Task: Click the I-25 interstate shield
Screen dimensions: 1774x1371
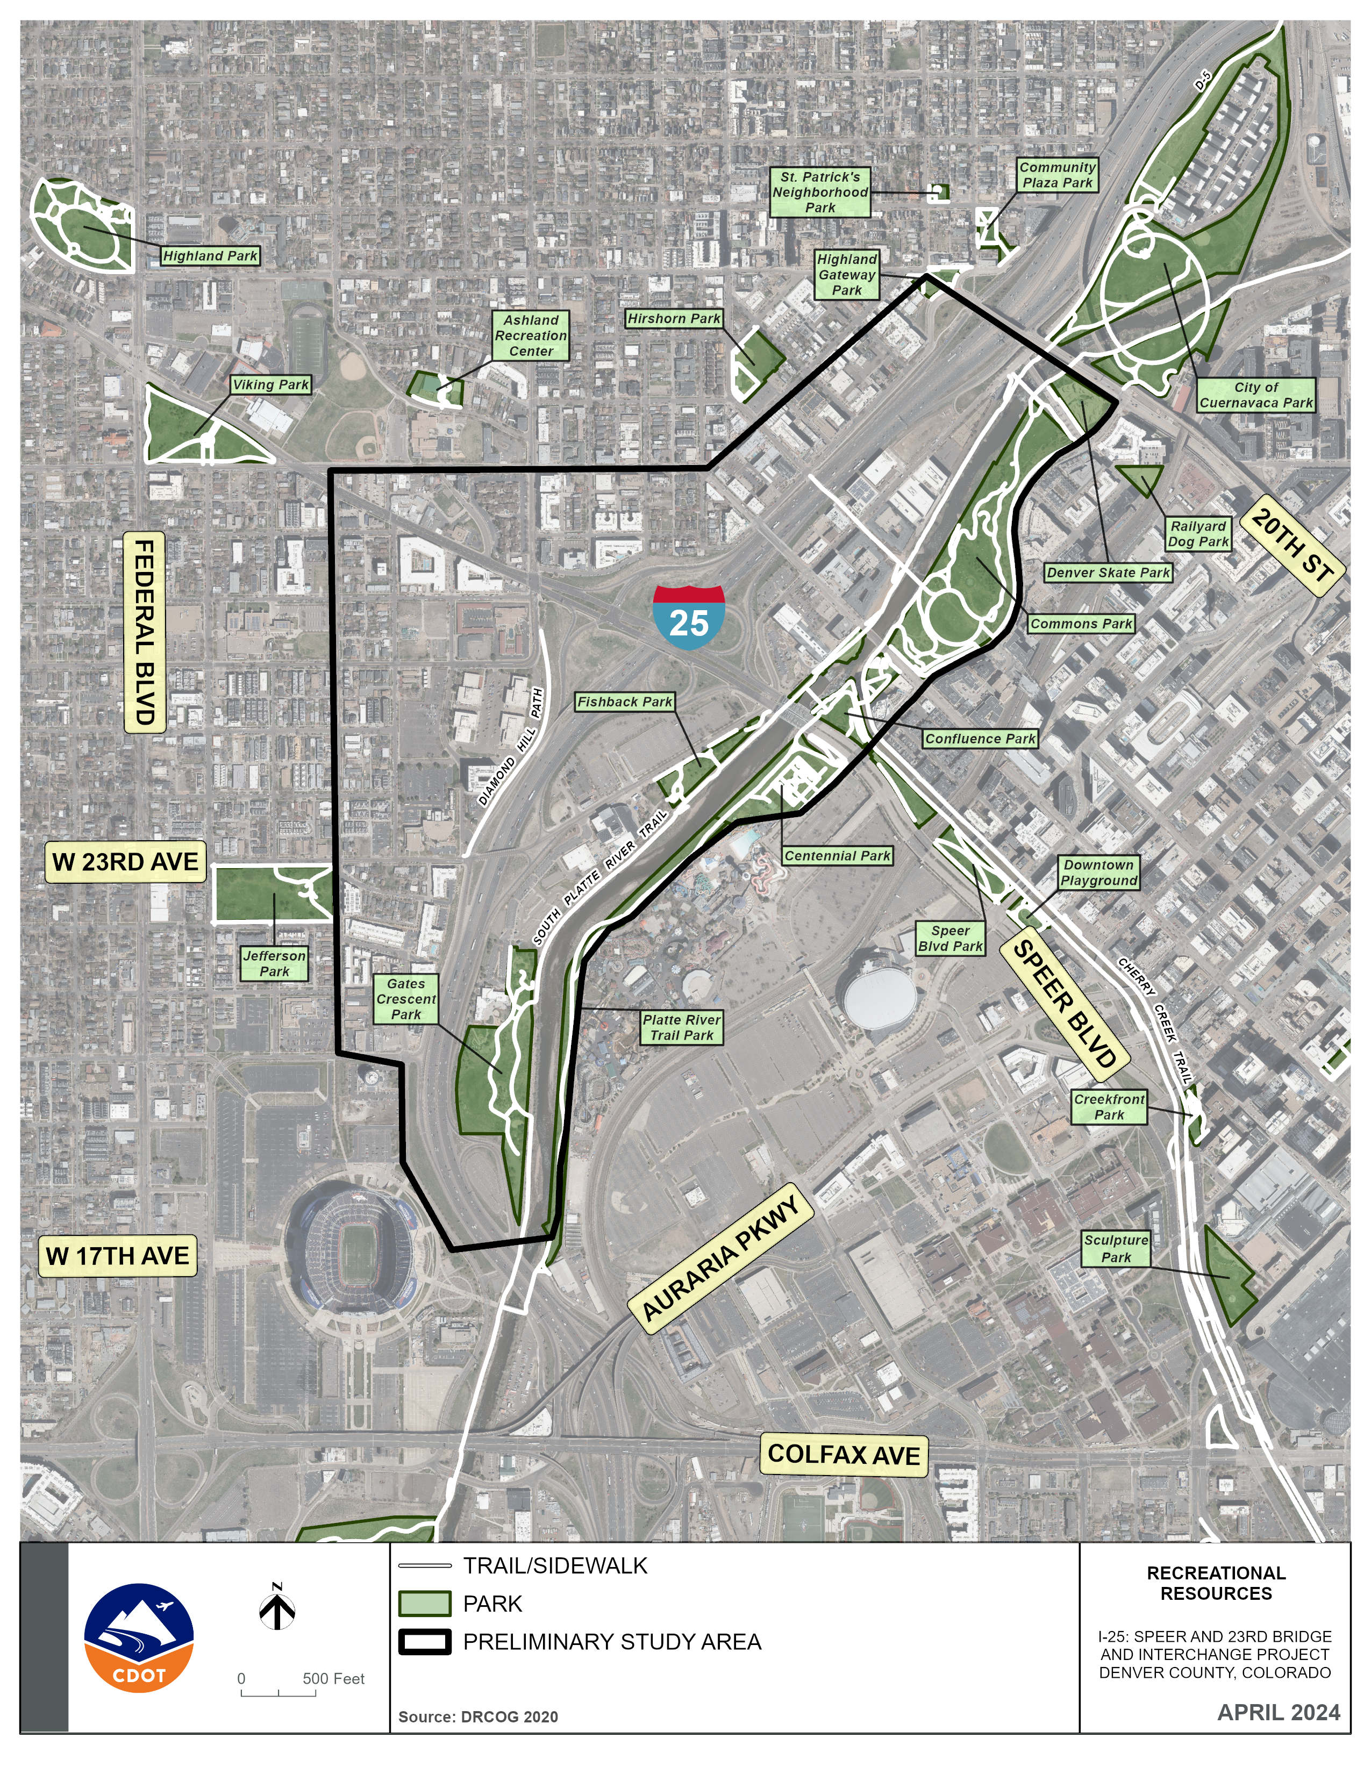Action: (x=689, y=616)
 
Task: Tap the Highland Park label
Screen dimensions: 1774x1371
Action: (x=210, y=256)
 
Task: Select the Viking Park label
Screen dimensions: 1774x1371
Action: (x=270, y=385)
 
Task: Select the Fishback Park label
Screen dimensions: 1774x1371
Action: (x=625, y=702)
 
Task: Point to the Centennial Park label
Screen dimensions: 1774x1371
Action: (x=837, y=855)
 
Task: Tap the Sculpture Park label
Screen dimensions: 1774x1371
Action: (x=1116, y=1248)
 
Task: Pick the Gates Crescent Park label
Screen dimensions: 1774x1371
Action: (x=406, y=999)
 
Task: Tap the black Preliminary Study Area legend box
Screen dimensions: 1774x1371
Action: (x=424, y=1642)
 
